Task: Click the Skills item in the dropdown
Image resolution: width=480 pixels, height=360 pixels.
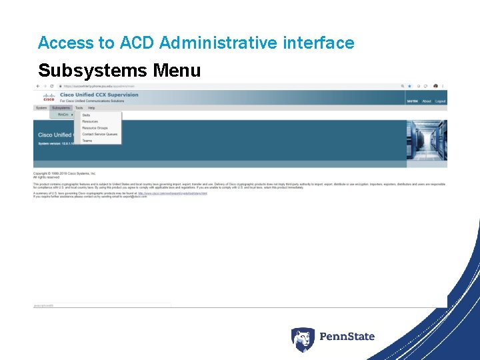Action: (86, 115)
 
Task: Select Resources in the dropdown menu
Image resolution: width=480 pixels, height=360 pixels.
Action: (90, 122)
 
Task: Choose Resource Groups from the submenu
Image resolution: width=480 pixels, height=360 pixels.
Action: (95, 128)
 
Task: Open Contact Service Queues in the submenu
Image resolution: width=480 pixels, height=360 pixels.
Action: (99, 135)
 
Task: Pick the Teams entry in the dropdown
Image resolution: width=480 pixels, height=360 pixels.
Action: (87, 141)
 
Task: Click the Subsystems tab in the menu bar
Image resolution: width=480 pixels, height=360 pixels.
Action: (61, 108)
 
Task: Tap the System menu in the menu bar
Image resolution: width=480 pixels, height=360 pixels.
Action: (41, 108)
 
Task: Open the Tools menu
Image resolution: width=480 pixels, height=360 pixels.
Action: (79, 108)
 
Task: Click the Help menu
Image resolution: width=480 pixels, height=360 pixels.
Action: (91, 108)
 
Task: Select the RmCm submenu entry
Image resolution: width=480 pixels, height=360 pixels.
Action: (64, 115)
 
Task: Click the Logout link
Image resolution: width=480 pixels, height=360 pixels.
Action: (440, 101)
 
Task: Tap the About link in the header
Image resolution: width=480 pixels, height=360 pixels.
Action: (427, 101)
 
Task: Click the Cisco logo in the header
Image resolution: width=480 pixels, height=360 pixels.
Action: (49, 97)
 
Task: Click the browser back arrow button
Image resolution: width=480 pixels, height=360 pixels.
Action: (37, 86)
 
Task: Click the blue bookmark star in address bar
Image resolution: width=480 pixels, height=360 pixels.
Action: (409, 86)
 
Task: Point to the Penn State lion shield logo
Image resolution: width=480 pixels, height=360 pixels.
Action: (303, 338)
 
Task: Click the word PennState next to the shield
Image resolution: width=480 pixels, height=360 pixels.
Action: (347, 337)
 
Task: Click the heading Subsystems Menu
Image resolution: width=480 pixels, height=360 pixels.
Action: (119, 70)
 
